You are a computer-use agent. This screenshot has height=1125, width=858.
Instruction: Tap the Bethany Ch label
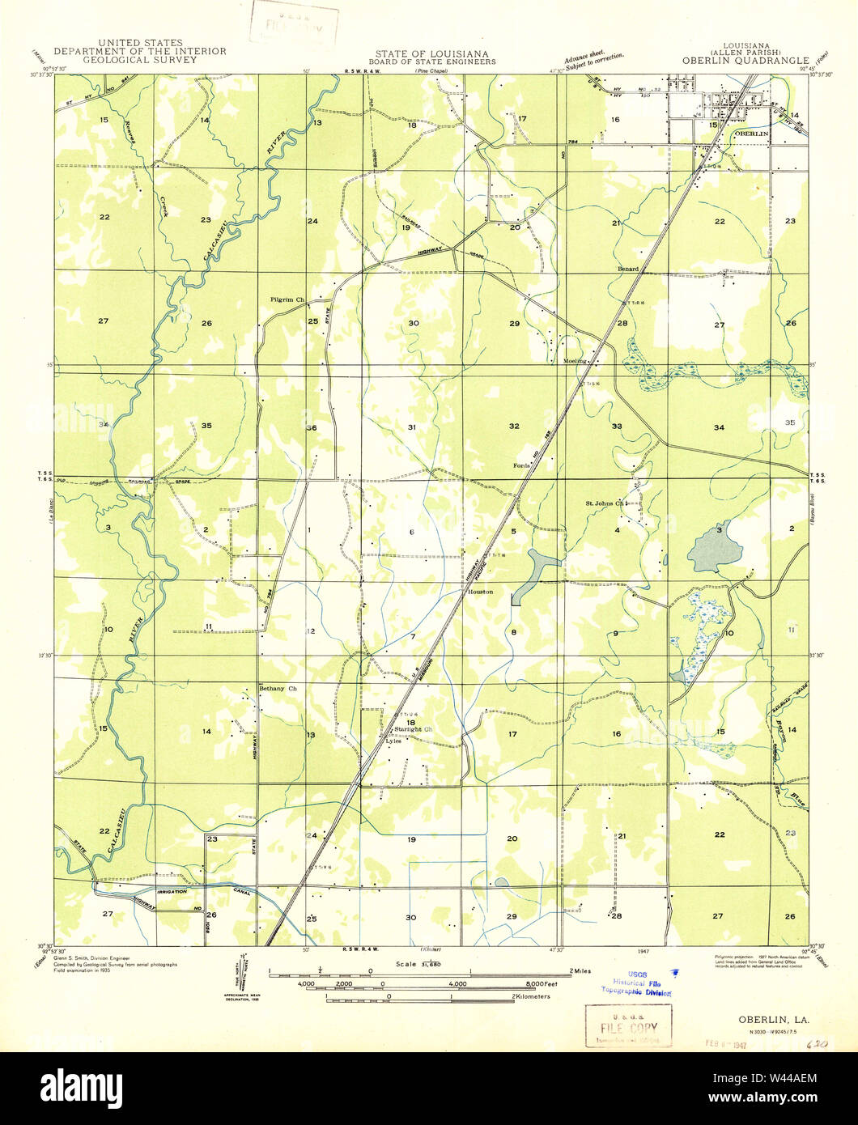pos(278,689)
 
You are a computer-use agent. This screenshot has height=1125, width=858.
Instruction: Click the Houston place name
pos(480,592)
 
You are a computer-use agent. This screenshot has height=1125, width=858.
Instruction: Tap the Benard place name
pos(627,269)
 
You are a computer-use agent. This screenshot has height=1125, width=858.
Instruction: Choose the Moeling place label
pos(574,362)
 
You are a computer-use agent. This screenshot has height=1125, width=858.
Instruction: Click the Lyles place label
pos(393,740)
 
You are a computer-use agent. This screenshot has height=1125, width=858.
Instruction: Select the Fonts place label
pos(520,465)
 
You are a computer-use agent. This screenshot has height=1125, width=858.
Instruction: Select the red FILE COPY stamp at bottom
pos(628,1025)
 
